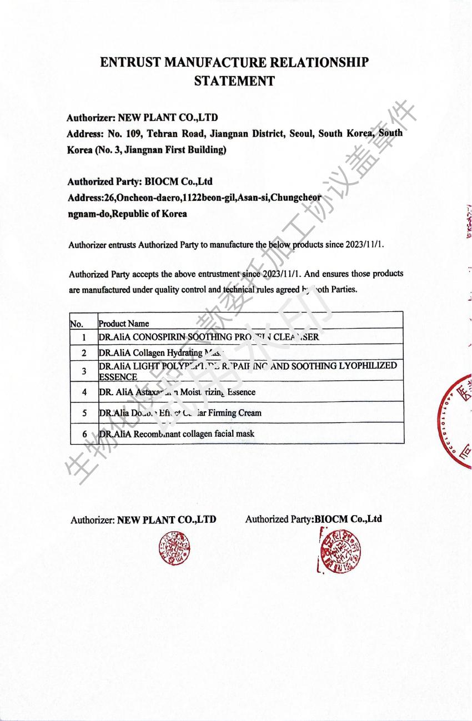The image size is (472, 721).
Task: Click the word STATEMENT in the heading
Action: [x=234, y=81]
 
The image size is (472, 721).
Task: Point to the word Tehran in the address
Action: [x=165, y=134]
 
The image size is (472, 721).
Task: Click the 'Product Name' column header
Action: [x=124, y=323]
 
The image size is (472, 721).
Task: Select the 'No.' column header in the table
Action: [x=77, y=323]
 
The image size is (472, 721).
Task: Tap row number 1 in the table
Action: [x=84, y=337]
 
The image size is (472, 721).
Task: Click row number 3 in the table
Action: [x=84, y=371]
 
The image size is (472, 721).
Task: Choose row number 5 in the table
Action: [x=84, y=413]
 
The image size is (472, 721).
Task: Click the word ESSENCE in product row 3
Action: [x=118, y=377]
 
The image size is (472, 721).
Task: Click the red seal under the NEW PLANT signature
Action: [x=173, y=548]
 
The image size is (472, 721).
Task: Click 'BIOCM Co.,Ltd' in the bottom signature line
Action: [x=348, y=520]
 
